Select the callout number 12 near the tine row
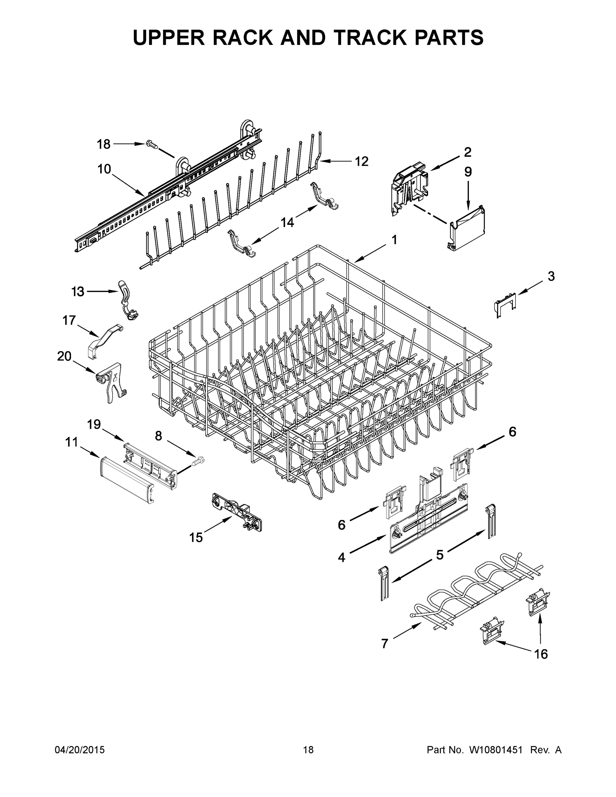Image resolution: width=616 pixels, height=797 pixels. tap(361, 161)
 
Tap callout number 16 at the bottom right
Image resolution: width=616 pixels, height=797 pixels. tap(541, 654)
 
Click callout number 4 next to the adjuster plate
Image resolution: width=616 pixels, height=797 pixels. tap(341, 557)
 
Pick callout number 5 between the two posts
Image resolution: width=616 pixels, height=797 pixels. tap(439, 555)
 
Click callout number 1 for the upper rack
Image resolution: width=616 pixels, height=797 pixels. tap(394, 239)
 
